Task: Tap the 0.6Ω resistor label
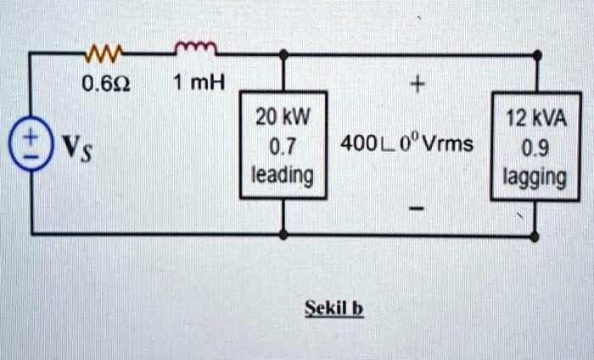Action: pos(103,83)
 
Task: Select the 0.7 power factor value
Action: pos(282,145)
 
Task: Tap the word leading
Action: pos(283,175)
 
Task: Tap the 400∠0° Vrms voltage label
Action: pos(406,145)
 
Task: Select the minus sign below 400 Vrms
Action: pos(416,206)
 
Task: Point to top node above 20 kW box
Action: pos(283,54)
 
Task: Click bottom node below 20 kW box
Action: pos(283,233)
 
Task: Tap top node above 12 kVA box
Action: pos(537,54)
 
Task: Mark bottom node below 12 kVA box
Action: pos(535,233)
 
